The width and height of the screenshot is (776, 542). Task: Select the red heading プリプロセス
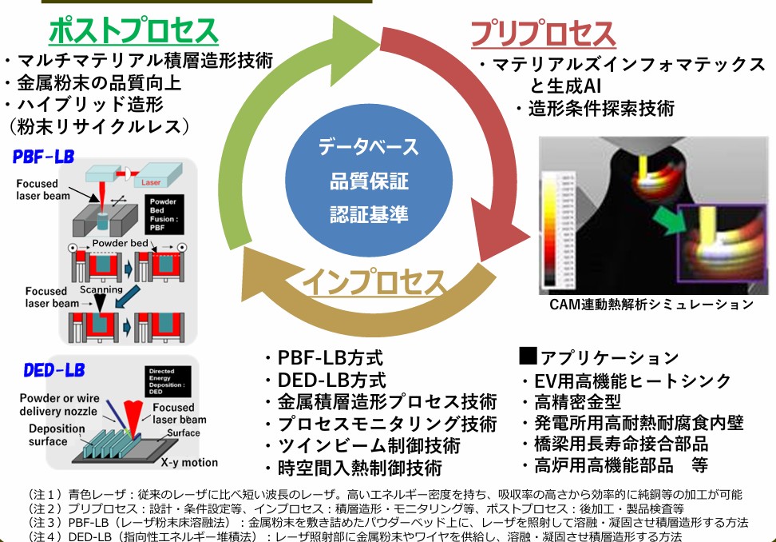point(543,34)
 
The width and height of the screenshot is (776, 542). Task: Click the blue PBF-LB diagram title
point(44,157)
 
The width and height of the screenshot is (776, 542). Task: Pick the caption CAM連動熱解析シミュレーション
point(651,304)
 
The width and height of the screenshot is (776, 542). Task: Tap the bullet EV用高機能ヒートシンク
point(631,381)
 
